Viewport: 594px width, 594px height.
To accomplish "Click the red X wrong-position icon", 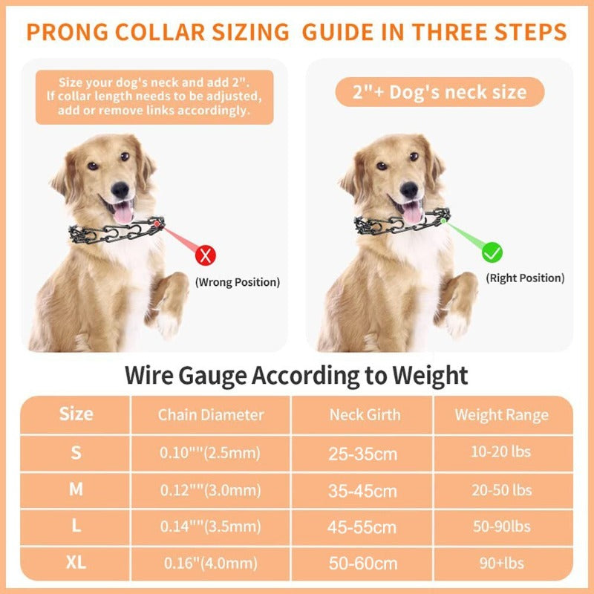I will (x=206, y=256).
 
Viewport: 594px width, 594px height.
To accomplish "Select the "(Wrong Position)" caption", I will (x=238, y=282).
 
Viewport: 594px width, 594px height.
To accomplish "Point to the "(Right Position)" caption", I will (x=525, y=278).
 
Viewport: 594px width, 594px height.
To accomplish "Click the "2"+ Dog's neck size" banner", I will (x=438, y=93).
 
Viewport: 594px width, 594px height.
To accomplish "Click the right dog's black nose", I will (x=409, y=189).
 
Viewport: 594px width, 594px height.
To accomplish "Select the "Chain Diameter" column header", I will (x=211, y=414).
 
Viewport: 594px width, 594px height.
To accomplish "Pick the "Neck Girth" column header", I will (x=365, y=414).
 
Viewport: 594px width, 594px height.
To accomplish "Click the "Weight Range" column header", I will (x=502, y=414).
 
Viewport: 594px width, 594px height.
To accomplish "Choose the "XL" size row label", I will (x=76, y=563).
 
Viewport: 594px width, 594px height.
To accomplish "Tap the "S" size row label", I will (x=76, y=452).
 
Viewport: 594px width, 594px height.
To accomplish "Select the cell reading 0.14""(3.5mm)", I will (x=211, y=527).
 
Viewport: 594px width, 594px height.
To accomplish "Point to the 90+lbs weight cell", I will (x=502, y=563).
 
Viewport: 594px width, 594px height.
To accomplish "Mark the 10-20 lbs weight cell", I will (x=502, y=451).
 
